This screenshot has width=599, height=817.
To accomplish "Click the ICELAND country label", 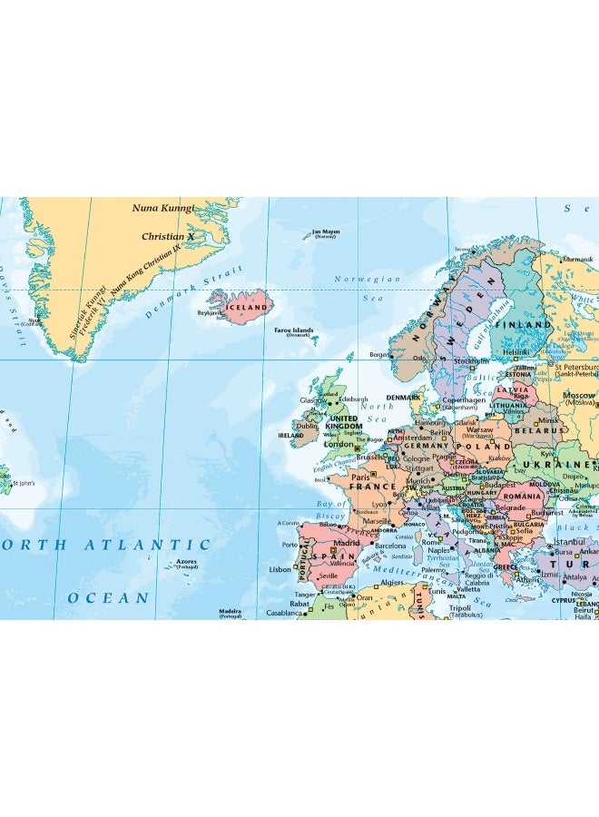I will click(246, 307).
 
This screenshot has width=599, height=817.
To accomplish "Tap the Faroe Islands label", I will click(294, 330).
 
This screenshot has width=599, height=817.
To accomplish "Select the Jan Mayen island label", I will click(325, 231).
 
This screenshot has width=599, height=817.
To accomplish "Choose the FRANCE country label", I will click(373, 487).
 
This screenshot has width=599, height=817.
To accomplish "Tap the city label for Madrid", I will click(347, 544).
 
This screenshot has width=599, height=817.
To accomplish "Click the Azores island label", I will click(187, 562).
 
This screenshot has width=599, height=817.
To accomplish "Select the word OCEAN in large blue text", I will click(108, 598).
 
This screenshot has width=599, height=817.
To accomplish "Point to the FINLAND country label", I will click(523, 324).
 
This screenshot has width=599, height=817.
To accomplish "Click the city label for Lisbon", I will click(280, 569).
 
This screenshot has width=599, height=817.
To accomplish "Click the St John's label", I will click(24, 483).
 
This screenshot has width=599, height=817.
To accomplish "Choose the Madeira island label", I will click(231, 611).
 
